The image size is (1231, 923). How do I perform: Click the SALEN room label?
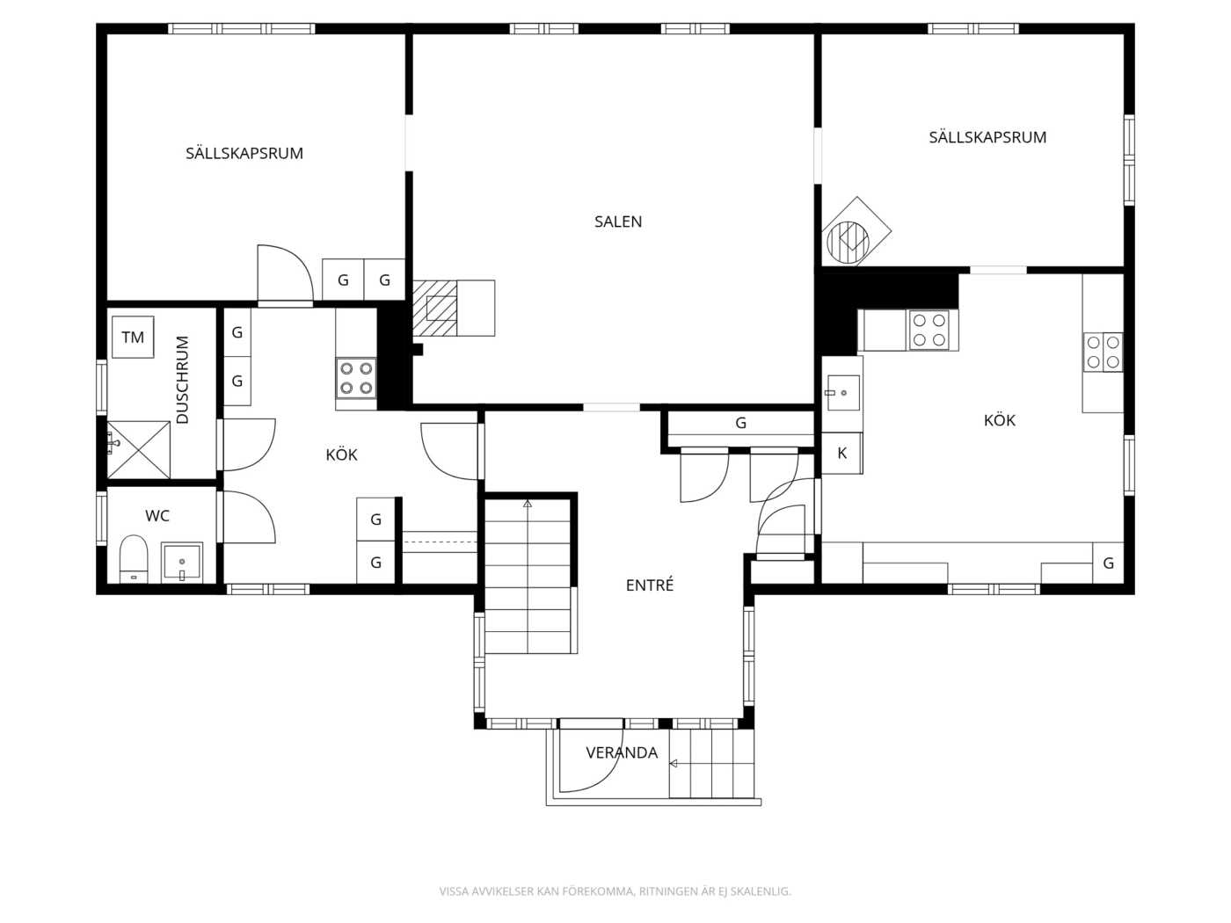617,222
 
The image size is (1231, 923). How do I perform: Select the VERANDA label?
622,752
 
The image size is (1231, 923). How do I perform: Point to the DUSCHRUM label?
182,380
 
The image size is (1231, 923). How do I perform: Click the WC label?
157,516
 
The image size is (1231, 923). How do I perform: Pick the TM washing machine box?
133,337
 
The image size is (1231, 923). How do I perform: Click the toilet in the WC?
134,559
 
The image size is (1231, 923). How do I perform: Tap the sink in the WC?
182,562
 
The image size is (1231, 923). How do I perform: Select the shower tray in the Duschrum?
139,449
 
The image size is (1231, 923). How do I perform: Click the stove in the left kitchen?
356,378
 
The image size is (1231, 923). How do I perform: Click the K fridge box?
841,453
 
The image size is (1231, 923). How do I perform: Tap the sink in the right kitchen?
843,392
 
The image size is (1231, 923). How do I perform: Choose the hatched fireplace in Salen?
434,308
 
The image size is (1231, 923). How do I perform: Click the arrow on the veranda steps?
674,763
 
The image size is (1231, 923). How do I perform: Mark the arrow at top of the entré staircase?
528,504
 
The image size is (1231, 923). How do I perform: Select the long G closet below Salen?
741,423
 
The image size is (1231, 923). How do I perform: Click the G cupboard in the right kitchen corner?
1108,563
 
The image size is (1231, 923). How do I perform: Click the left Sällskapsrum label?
244,152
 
